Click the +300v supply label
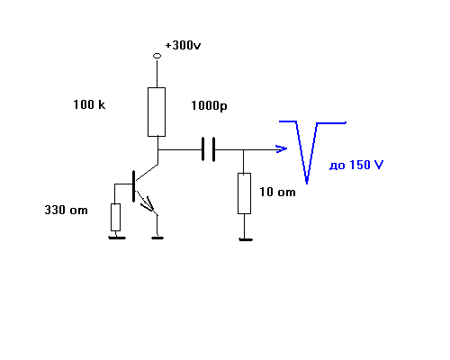click(x=183, y=45)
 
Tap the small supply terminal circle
click(x=157, y=56)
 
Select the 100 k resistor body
click(x=157, y=112)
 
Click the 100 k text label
click(x=89, y=104)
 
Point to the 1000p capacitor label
click(x=209, y=106)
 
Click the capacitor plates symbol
click(x=208, y=149)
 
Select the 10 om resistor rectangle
click(x=244, y=193)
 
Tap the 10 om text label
click(x=277, y=192)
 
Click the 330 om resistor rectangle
click(x=115, y=218)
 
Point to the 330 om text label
click(x=66, y=210)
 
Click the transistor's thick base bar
click(x=133, y=186)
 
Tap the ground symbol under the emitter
click(x=157, y=238)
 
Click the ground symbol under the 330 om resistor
click(x=117, y=238)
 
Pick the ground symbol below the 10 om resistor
click(x=246, y=239)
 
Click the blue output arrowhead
click(x=282, y=148)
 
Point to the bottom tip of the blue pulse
click(x=307, y=183)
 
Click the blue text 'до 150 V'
click(x=356, y=166)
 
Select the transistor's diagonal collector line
click(x=147, y=172)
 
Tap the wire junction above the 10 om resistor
click(x=243, y=149)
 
